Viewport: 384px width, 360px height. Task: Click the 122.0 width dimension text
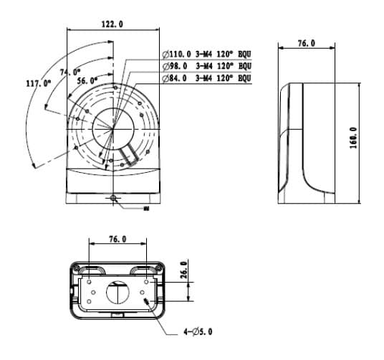pos(111,24)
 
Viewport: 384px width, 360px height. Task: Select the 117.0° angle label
pos(38,83)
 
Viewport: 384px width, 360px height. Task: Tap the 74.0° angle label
pos(69,72)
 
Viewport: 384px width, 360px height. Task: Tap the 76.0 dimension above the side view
pos(306,44)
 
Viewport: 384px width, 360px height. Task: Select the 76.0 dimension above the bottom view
pos(117,240)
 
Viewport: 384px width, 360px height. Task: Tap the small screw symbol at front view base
pos(113,197)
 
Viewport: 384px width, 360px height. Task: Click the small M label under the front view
pos(145,209)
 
